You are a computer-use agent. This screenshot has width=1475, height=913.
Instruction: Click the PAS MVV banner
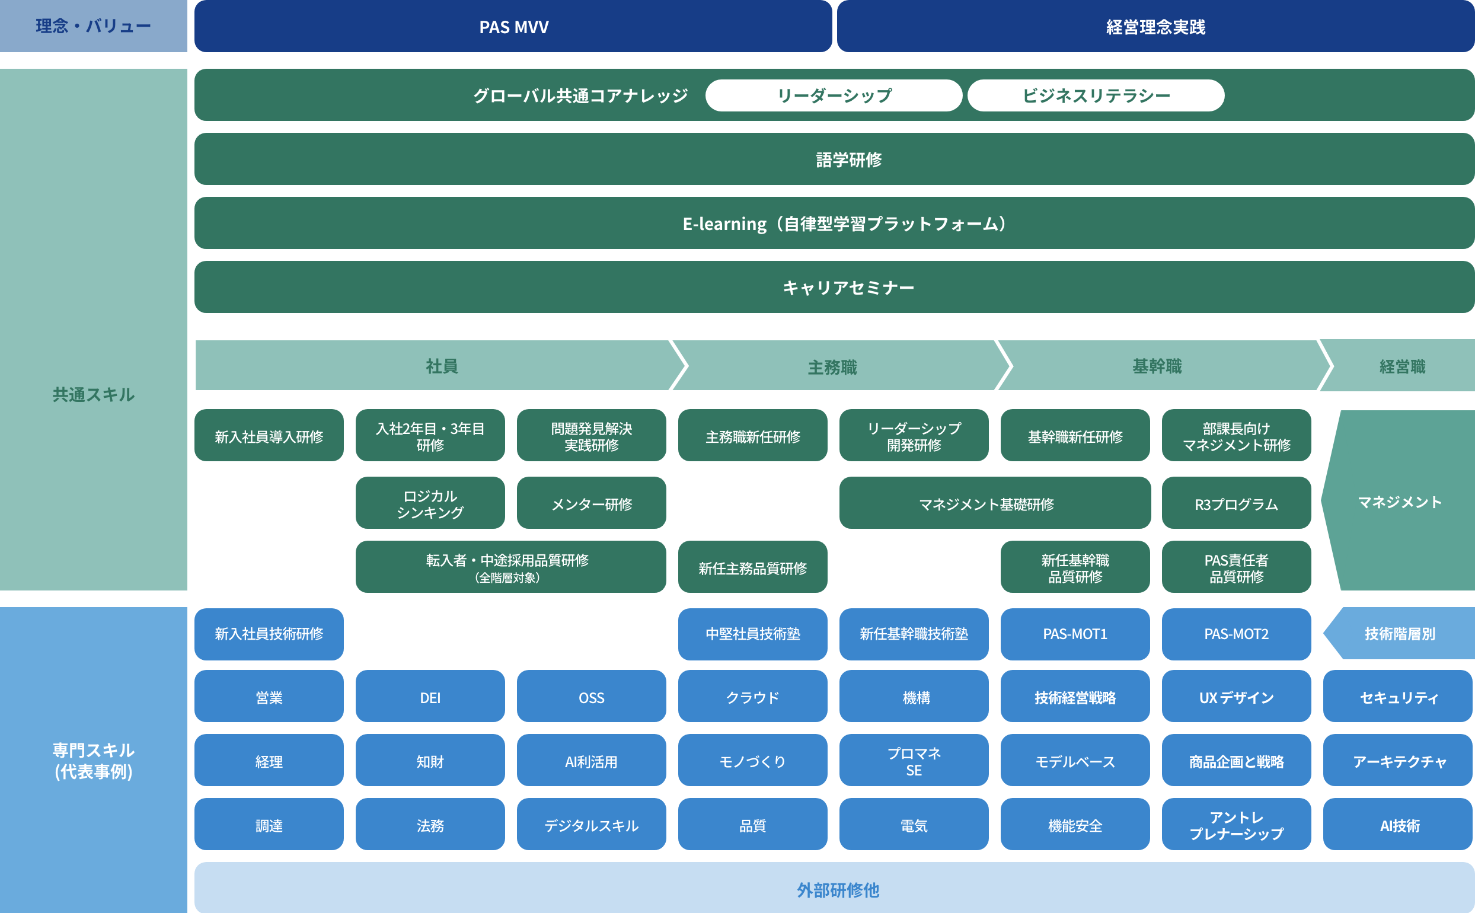513,27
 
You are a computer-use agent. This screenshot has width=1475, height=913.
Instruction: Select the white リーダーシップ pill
834,95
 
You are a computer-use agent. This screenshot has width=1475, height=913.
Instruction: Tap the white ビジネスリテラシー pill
1095,95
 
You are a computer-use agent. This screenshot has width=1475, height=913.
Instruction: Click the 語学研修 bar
848,159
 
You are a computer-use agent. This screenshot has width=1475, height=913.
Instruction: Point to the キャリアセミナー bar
848,288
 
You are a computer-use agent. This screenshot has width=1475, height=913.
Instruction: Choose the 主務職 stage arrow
833,366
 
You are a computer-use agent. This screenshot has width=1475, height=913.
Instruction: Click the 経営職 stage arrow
1402,366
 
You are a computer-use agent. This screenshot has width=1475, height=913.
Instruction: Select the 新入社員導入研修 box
269,436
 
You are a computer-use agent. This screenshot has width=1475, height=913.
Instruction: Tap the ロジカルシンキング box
430,503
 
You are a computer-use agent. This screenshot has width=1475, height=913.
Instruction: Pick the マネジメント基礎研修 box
986,503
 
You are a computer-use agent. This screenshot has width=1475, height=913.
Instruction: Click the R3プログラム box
1236,503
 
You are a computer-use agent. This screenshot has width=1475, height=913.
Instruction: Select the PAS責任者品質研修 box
1236,567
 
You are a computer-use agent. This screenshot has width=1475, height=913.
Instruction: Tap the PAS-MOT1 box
1075,634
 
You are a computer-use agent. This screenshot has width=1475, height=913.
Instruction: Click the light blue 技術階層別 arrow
1400,634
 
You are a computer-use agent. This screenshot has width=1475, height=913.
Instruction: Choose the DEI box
430,697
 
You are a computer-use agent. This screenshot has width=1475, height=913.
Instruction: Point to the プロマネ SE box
914,761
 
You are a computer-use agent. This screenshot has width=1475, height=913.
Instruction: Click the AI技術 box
1399,825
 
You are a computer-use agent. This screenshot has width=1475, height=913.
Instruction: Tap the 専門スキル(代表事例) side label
94,761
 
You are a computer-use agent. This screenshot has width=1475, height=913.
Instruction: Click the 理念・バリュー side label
94,26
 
